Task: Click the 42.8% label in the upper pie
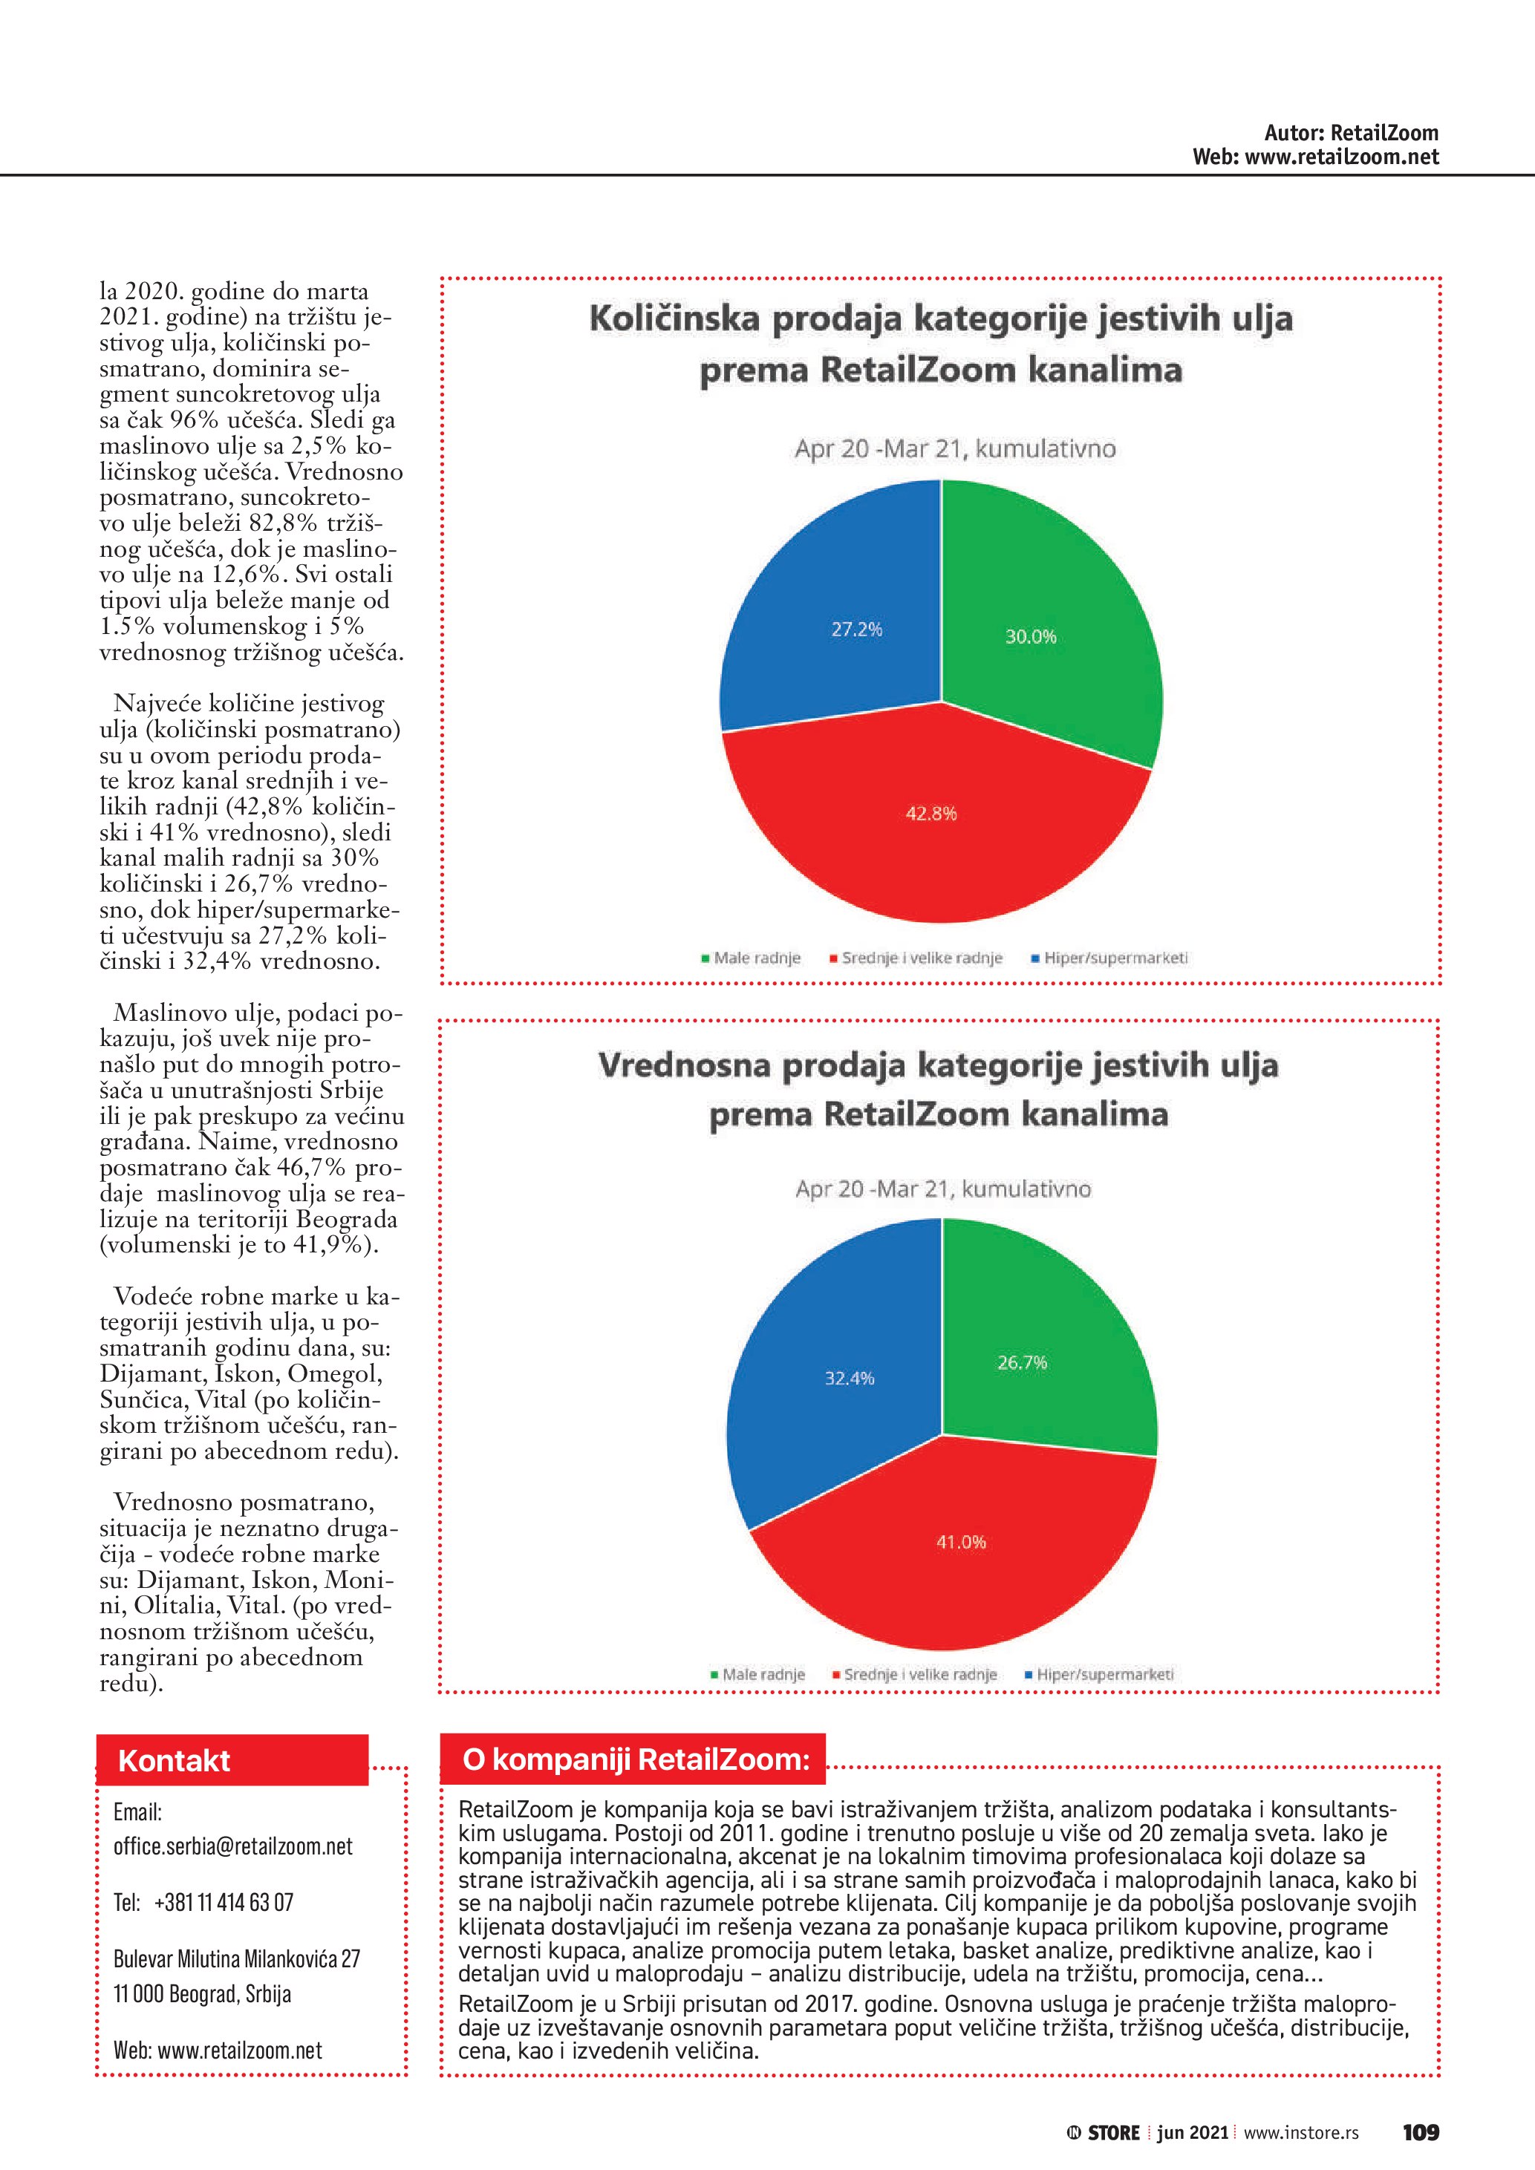pyautogui.click(x=931, y=813)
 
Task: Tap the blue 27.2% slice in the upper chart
pyautogui.click(x=832, y=586)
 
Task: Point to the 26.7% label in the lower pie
pyautogui.click(x=1022, y=1362)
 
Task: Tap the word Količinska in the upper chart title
pyautogui.click(x=674, y=318)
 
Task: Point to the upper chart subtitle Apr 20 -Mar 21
pyautogui.click(x=955, y=449)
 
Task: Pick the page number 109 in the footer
pyautogui.click(x=1421, y=2132)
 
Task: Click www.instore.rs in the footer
pyautogui.click(x=1300, y=2133)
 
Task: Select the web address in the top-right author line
pyautogui.click(x=1341, y=157)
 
